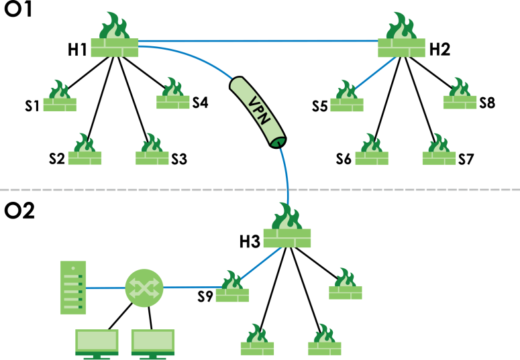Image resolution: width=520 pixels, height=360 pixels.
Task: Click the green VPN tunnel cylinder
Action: [259, 111]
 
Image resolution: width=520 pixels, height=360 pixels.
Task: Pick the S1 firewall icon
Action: [60, 98]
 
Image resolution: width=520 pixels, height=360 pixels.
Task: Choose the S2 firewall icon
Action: [85, 150]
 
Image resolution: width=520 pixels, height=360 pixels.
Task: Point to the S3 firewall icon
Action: [152, 150]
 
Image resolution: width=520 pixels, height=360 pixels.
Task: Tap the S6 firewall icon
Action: [372, 150]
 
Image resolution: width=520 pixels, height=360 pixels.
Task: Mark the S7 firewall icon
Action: [439, 150]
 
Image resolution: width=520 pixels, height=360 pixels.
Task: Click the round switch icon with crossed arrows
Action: [144, 288]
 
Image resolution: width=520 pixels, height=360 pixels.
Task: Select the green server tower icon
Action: [74, 288]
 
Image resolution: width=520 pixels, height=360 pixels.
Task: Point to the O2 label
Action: [19, 211]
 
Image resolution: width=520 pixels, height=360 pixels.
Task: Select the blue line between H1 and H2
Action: [258, 40]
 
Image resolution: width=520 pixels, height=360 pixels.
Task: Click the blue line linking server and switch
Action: [106, 288]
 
